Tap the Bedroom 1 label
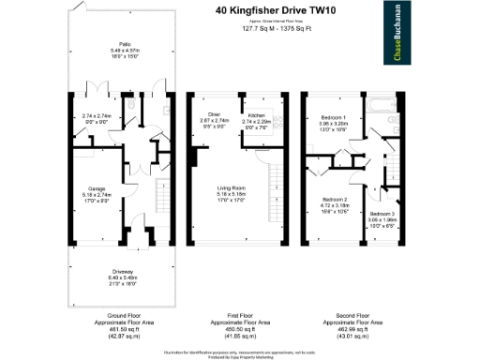tap(336, 117)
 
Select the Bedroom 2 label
tap(336, 200)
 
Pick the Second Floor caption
tap(362, 315)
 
